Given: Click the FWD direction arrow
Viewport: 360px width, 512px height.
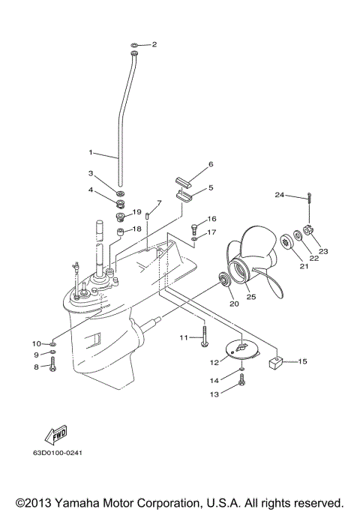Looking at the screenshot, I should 55,435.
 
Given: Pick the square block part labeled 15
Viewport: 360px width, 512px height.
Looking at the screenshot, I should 274,364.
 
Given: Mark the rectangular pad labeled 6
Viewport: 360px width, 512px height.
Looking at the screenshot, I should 184,181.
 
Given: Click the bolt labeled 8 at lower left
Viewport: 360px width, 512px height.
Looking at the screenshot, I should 53,367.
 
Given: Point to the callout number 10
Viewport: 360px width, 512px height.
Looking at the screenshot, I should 37,343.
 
